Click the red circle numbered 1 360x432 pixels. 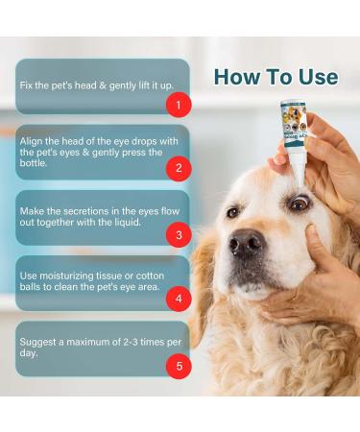pyautogui.click(x=177, y=103)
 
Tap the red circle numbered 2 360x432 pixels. pyautogui.click(x=177, y=168)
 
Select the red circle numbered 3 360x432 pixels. pyautogui.click(x=177, y=233)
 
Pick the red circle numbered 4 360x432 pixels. pyautogui.click(x=177, y=299)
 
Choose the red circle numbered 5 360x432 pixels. pyautogui.click(x=177, y=364)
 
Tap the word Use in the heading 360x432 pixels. pyautogui.click(x=316, y=77)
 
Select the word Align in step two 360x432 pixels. pyautogui.click(x=31, y=140)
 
